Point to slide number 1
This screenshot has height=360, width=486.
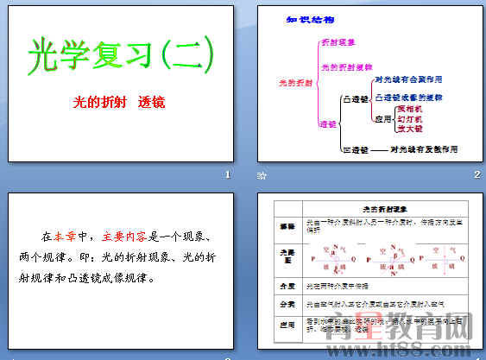point(227,176)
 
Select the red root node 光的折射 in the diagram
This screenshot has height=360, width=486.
point(292,83)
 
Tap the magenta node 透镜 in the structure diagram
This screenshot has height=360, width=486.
point(327,124)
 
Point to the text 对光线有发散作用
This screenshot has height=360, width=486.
point(423,148)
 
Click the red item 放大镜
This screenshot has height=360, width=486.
point(409,129)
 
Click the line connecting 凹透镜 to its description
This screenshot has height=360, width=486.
point(378,149)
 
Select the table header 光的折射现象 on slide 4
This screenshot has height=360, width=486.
point(376,209)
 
